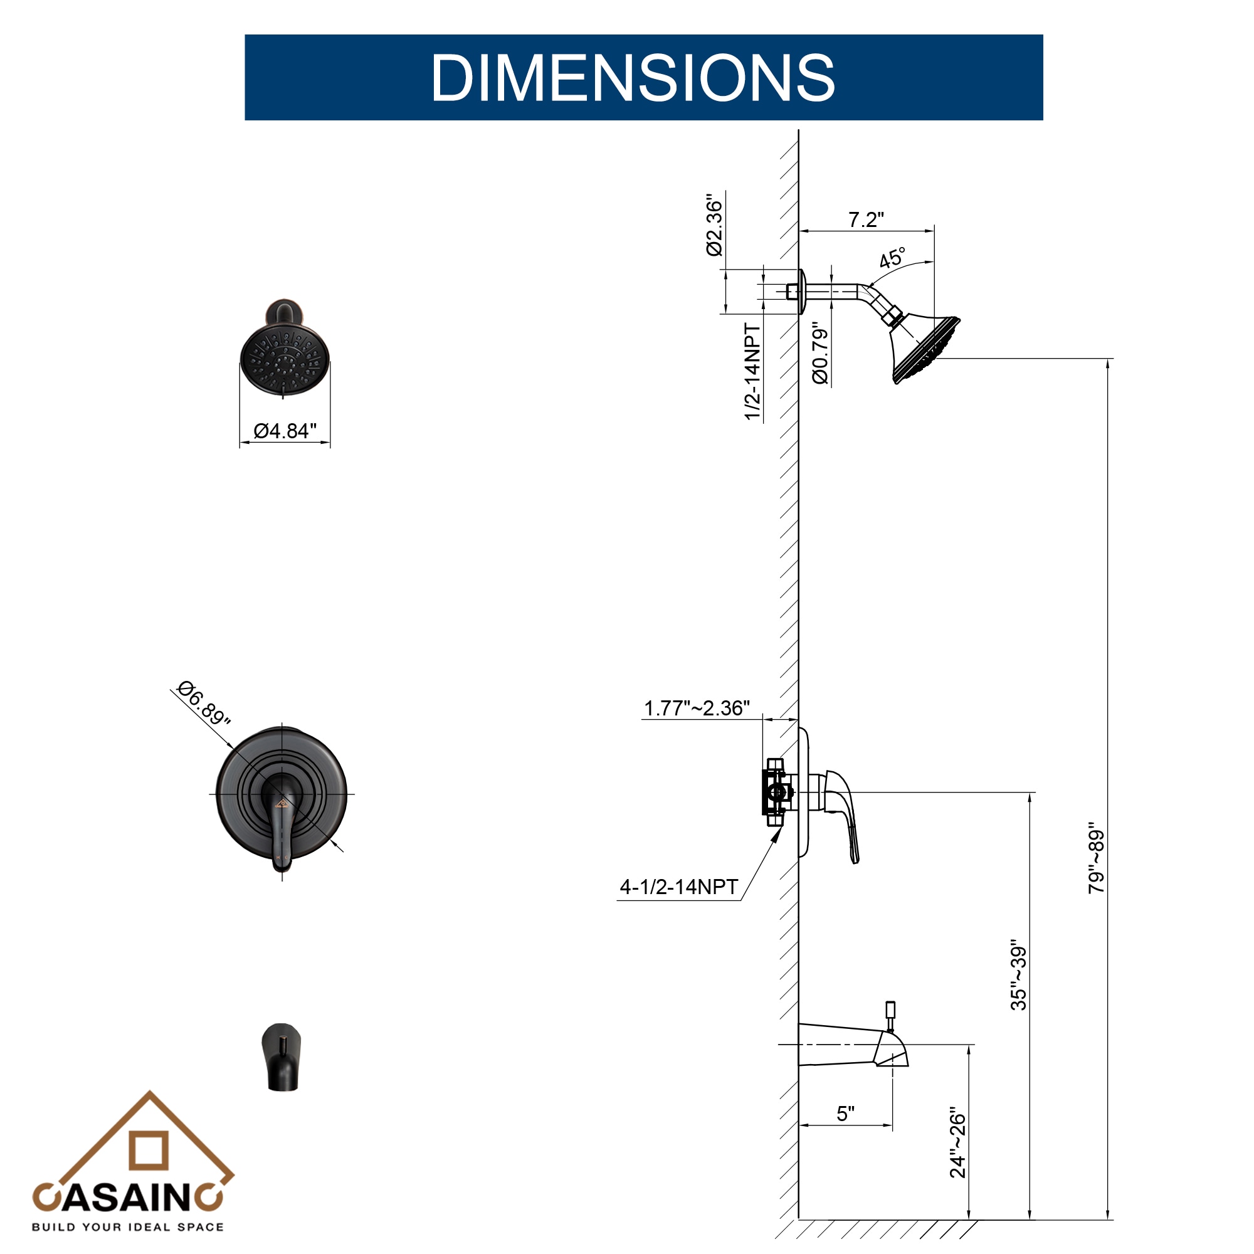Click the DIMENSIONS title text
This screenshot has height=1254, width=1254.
pyautogui.click(x=633, y=77)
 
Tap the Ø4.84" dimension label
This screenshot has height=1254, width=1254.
pyautogui.click(x=285, y=431)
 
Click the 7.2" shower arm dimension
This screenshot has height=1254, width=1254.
pyautogui.click(x=866, y=220)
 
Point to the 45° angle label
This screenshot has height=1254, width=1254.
pyautogui.click(x=892, y=258)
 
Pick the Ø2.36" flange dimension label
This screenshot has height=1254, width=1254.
pyautogui.click(x=714, y=224)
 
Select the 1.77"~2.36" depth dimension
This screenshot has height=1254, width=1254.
pyautogui.click(x=697, y=708)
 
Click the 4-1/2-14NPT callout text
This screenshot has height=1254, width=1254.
pyautogui.click(x=679, y=887)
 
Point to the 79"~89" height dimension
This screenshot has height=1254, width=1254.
pyautogui.click(x=1096, y=859)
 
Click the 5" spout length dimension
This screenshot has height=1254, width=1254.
pyautogui.click(x=845, y=1114)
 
